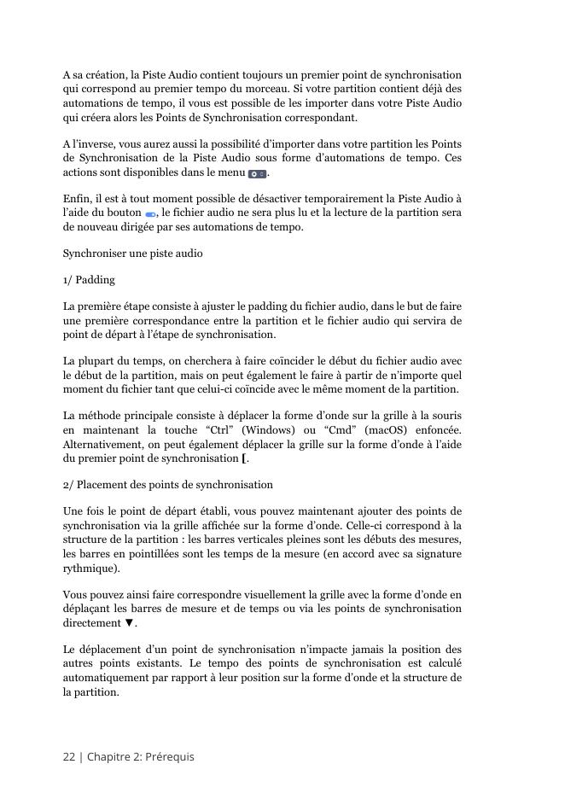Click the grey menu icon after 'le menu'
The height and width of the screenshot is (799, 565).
[256, 173]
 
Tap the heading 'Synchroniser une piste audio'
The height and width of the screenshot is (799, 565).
[132, 254]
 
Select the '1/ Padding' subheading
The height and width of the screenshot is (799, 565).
[89, 280]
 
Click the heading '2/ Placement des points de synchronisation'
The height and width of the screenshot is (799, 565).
[168, 485]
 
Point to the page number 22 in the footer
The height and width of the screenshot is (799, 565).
[69, 756]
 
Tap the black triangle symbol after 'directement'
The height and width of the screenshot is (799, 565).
[130, 623]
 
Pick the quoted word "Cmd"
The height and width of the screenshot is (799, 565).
[351, 431]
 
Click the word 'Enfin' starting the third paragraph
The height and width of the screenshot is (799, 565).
[77, 199]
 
